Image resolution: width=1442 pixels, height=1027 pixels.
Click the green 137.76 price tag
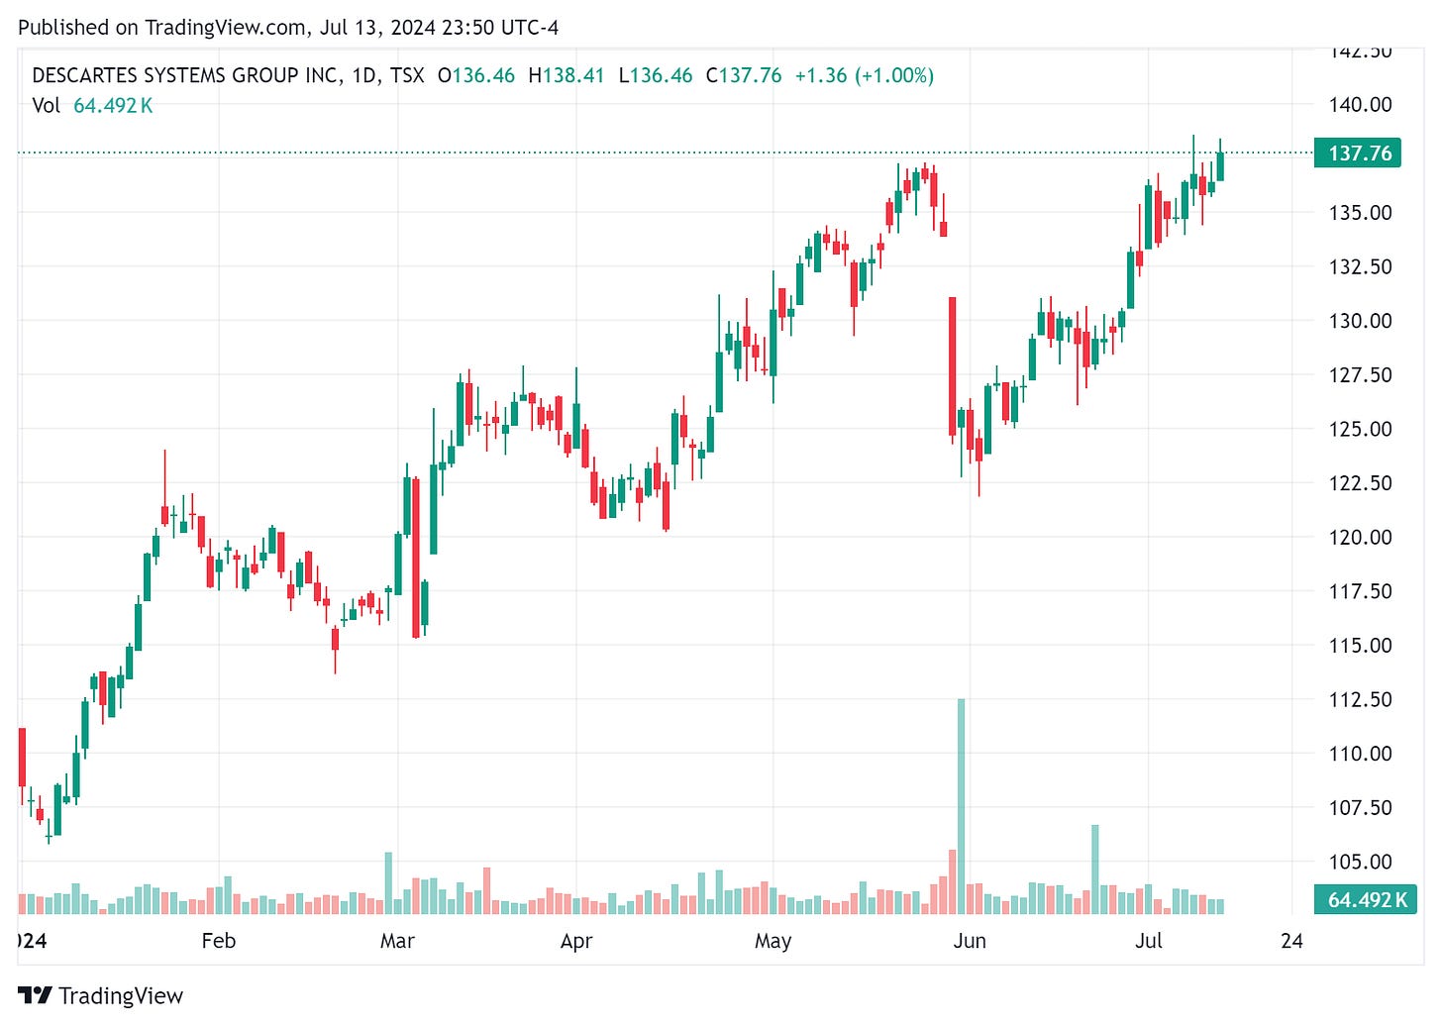pos(1358,154)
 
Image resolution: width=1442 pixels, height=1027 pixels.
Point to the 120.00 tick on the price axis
pos(1360,537)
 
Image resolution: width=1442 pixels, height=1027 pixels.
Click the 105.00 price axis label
pos(1360,862)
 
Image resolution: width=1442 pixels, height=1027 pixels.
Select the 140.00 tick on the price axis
pos(1360,104)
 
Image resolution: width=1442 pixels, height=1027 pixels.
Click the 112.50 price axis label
pos(1360,699)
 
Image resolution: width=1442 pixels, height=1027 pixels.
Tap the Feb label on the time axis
pos(219,941)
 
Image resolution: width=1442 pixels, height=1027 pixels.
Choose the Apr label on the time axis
pos(576,941)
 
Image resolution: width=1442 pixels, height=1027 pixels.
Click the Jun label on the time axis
pos(970,941)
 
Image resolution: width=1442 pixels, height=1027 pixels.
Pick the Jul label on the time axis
pos(1149,941)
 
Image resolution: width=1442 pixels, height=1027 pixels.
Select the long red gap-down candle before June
pos(953,366)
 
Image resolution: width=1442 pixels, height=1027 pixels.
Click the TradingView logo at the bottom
pos(101,995)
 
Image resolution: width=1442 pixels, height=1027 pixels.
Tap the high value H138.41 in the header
pos(566,75)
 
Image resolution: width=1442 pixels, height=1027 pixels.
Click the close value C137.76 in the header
pos(744,75)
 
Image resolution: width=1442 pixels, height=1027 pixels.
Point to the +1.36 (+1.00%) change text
pos(865,75)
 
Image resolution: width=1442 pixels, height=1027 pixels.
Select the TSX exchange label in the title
pos(407,75)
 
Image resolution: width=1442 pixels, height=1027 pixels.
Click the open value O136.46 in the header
pos(476,75)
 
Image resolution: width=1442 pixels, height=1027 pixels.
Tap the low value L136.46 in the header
pos(656,75)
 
